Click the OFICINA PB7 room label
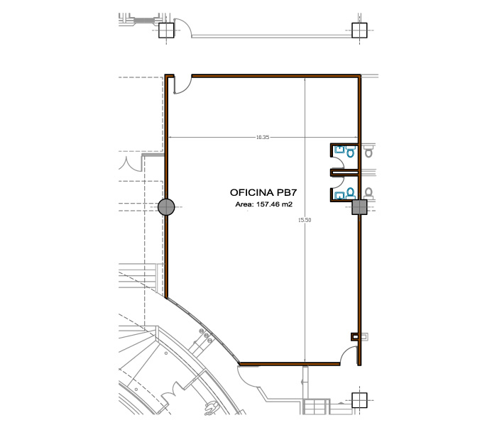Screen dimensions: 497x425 tap(263, 192)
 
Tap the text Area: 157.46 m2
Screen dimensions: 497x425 tap(263, 204)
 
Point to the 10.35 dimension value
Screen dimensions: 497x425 tap(263, 137)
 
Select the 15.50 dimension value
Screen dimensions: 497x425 tap(305, 220)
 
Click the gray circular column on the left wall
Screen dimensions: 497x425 tap(166, 207)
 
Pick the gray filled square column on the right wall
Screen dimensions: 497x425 tap(359, 207)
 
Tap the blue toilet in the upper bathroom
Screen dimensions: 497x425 tap(350, 151)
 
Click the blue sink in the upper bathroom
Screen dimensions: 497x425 tap(339, 149)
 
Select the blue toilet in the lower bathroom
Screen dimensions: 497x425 tap(350, 193)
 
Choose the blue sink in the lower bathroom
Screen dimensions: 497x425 tap(339, 196)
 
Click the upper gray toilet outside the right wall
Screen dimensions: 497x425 tap(368, 150)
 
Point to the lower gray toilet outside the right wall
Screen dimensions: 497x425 tap(368, 193)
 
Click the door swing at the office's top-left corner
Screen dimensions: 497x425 tap(182, 84)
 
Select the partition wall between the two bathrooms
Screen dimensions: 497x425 tap(344, 172)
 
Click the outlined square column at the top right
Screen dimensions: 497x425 tap(359, 31)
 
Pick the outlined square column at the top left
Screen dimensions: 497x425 tap(166, 31)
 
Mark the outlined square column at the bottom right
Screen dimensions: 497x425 tap(359, 400)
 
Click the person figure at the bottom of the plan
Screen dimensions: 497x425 tap(211, 408)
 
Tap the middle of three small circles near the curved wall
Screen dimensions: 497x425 tap(207, 335)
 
